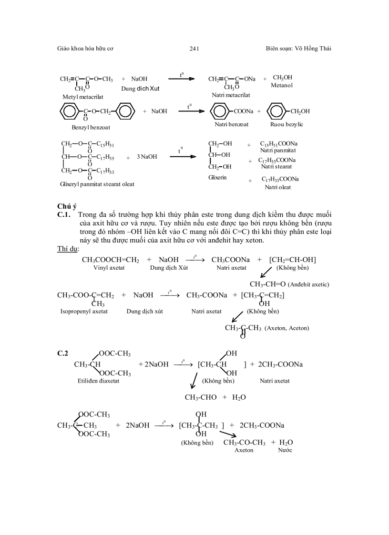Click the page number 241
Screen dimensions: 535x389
click(194, 49)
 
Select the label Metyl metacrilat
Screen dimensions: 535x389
click(83, 97)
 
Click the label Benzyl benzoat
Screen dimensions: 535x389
click(91, 127)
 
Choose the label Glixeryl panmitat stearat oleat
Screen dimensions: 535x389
click(97, 184)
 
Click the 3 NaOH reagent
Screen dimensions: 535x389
click(147, 156)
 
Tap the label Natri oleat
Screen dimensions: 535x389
click(278, 187)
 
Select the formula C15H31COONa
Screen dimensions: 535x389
click(279, 143)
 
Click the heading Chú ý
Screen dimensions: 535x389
click(67, 206)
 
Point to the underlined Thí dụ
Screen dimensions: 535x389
click(68, 249)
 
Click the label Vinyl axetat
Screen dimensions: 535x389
click(109, 268)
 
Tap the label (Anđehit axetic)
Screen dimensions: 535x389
click(308, 284)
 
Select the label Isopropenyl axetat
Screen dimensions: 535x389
click(84, 311)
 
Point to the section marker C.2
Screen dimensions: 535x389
click(63, 353)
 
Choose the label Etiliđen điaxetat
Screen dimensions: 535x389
click(98, 381)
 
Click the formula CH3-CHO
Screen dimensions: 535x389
click(201, 397)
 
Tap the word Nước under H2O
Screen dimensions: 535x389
click(285, 450)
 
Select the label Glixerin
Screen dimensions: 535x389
click(217, 177)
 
